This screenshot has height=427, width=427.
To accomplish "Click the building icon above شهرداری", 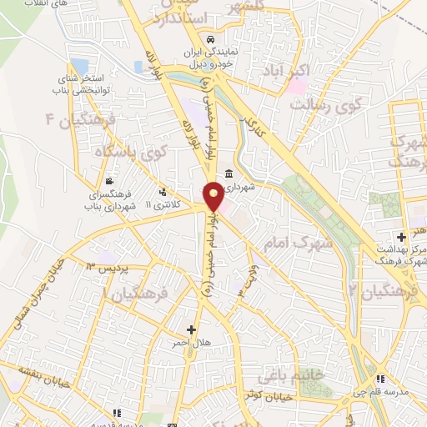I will pos(228,174).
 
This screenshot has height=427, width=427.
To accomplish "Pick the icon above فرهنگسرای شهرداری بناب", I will pos(109,179).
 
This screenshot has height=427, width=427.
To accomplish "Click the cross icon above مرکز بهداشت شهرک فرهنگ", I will pos(402,238).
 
